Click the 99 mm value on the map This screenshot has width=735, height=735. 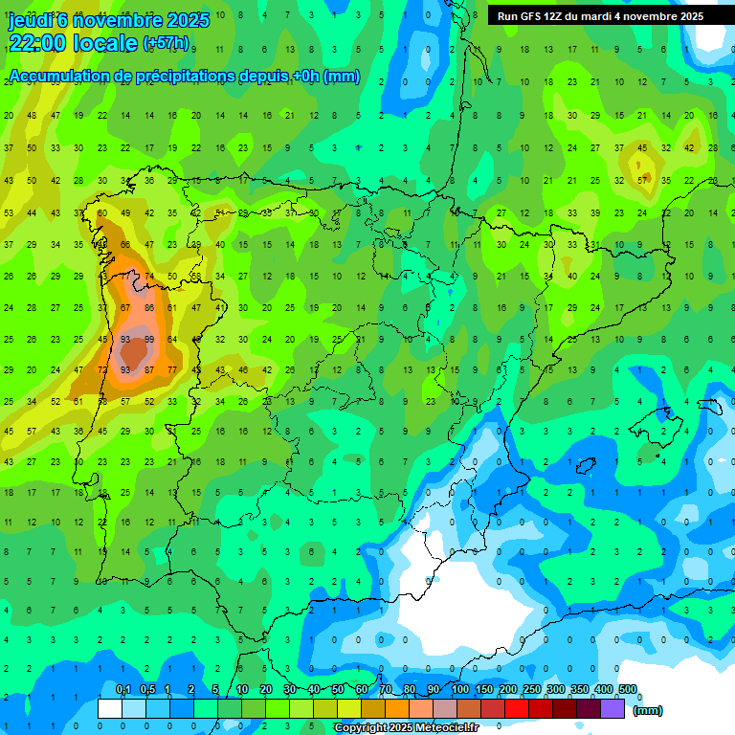pyautogui.click(x=148, y=340)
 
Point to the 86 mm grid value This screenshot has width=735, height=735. pyautogui.click(x=148, y=308)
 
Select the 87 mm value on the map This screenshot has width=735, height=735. pyautogui.click(x=125, y=308)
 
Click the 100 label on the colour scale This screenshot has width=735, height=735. pyautogui.click(x=460, y=690)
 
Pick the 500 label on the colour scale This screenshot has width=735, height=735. pyautogui.click(x=628, y=690)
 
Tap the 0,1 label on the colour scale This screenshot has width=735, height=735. pyautogui.click(x=122, y=690)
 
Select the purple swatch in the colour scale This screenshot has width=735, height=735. pyautogui.click(x=612, y=708)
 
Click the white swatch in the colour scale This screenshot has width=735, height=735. pyautogui.click(x=110, y=708)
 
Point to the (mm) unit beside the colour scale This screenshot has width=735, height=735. pyautogui.click(x=648, y=710)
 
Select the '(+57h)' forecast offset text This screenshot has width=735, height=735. pyautogui.click(x=166, y=44)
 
